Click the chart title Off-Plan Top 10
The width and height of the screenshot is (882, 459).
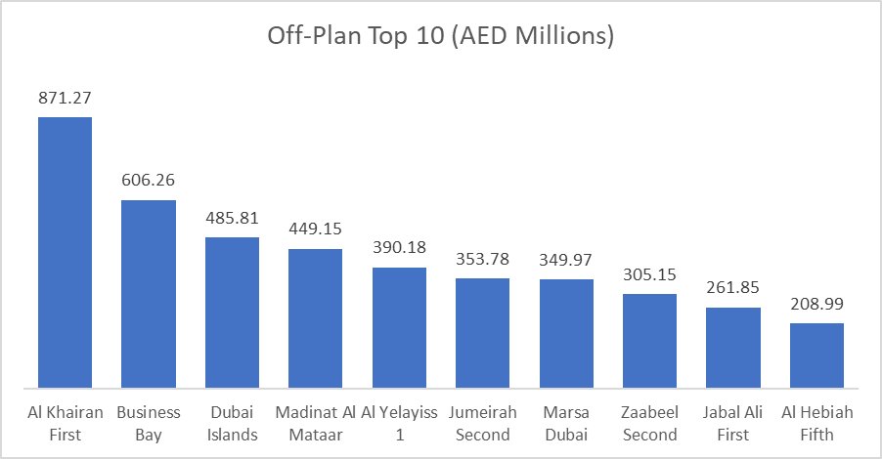pos(440,37)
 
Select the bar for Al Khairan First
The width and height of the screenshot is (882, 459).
pos(65,252)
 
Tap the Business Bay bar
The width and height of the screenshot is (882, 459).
pos(149,293)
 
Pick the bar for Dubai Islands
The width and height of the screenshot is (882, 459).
pos(232,312)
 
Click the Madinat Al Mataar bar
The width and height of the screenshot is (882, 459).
pos(315,317)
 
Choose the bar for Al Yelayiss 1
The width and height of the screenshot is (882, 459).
pos(399,326)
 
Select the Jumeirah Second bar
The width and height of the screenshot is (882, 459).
pos(482,332)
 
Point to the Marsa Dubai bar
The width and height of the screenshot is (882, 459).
pos(566,333)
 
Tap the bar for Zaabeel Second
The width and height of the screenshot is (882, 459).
pos(649,340)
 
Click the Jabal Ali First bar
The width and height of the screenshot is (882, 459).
pos(733,347)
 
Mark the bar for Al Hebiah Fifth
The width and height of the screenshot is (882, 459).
pos(816,355)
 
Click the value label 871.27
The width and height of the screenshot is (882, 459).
pos(65,98)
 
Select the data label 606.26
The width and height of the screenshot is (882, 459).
pos(149,181)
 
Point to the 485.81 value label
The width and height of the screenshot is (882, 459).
pos(232,218)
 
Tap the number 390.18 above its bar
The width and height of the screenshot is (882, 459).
pos(399,248)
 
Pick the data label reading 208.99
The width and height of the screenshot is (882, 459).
pos(816,304)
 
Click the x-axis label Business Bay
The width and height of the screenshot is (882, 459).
pos(149,424)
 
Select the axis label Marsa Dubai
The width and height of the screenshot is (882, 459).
pos(566,424)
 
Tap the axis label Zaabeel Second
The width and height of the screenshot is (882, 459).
pos(649,424)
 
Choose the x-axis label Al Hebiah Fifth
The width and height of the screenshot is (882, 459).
pos(816,424)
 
